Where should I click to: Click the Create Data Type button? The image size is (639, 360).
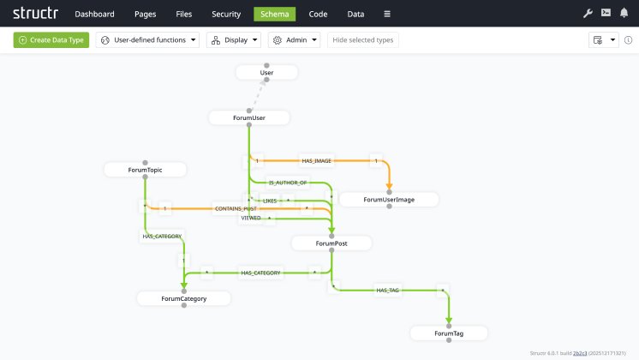tap(51, 39)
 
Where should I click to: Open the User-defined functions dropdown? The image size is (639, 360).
tap(149, 39)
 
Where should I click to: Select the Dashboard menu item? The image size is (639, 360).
tap(94, 14)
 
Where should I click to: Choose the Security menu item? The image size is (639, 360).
tap(226, 14)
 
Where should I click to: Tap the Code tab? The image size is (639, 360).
tap(318, 14)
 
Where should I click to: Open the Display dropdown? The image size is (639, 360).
tap(235, 39)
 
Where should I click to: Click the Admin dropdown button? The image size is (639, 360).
tap(295, 39)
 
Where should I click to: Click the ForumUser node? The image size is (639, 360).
tap(249, 118)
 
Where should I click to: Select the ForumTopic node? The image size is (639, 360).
tap(145, 170)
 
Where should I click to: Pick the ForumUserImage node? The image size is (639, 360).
tap(389, 200)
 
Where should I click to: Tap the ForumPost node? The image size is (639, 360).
tap(331, 243)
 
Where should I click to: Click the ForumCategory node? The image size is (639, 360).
tap(183, 298)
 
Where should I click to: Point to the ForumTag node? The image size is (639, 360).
tap(449, 333)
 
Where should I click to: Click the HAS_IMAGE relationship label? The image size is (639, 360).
tap(317, 160)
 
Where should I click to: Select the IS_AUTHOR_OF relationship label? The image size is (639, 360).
tap(288, 183)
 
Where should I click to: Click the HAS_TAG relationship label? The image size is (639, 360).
tap(388, 291)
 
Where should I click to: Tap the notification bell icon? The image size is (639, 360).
tap(624, 13)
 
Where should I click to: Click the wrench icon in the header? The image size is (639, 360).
tap(588, 13)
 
